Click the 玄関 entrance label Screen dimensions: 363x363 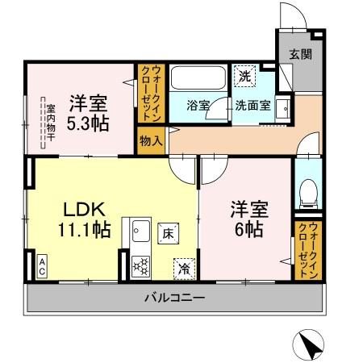tap(300, 55)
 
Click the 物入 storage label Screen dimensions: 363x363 tap(152, 140)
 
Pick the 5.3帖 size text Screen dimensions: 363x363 tap(88, 125)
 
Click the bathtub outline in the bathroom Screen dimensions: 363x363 tap(199, 81)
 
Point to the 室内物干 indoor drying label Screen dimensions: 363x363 tap(49, 122)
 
